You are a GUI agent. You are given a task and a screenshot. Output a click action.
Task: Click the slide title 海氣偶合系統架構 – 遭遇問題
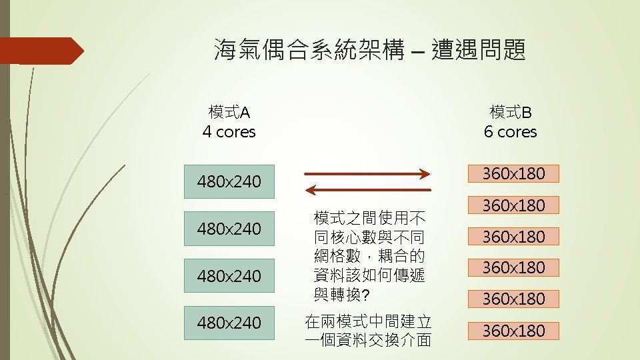click(x=369, y=49)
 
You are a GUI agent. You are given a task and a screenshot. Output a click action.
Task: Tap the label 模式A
click(x=229, y=111)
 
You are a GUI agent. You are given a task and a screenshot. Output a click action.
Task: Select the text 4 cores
click(x=229, y=132)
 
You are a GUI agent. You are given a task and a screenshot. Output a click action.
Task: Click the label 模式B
click(x=510, y=111)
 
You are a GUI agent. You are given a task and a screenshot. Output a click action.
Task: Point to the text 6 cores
click(x=510, y=132)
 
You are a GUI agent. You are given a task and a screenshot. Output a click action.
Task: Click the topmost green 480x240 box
click(x=229, y=181)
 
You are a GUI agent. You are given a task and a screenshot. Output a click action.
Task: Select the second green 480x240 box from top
click(x=229, y=229)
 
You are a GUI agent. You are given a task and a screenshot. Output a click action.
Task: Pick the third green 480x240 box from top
click(x=229, y=275)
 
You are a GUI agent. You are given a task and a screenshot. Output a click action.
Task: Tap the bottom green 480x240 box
click(x=229, y=323)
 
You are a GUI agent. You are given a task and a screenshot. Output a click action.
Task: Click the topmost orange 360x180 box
click(x=513, y=174)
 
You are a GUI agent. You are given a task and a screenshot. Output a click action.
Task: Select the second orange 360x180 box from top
click(x=513, y=205)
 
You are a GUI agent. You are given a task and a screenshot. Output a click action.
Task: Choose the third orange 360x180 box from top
click(x=513, y=237)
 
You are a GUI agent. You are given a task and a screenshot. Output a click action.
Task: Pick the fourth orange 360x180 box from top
click(x=513, y=267)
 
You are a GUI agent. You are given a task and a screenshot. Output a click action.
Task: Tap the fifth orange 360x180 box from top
click(x=513, y=299)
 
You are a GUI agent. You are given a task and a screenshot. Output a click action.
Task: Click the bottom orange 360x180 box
click(x=513, y=331)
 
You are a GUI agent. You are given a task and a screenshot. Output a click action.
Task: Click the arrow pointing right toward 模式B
click(x=367, y=175)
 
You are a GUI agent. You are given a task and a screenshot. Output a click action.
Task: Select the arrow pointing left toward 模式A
click(x=367, y=191)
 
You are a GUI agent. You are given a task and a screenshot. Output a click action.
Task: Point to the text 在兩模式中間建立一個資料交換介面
click(x=367, y=331)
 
